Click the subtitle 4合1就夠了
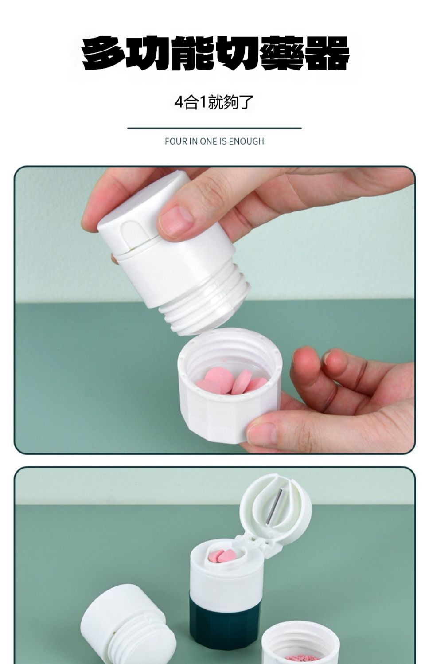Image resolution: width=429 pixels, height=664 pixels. [x=214, y=102]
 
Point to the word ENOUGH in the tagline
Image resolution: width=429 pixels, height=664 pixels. [x=246, y=141]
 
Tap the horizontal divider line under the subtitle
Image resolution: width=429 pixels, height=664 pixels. [x=214, y=128]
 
